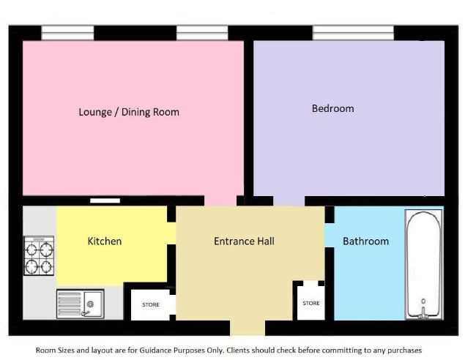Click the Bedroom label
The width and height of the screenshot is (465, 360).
point(332,108)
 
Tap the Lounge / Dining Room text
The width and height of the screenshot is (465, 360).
point(129,112)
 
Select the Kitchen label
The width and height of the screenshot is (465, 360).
point(105,241)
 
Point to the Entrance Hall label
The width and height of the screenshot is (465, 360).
point(244,241)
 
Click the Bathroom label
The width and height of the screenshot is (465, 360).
point(365,241)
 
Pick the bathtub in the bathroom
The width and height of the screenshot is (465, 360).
point(424,264)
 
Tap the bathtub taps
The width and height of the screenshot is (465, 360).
point(423,310)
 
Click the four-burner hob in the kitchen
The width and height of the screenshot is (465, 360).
point(39,255)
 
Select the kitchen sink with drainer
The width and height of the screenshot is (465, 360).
point(81,304)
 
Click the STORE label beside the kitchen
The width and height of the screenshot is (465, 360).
point(151,304)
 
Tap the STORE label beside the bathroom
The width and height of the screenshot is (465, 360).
point(311,303)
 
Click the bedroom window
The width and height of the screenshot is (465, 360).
point(353,33)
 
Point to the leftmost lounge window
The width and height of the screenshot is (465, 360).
point(67,33)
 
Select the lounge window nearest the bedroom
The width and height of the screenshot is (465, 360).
point(202,33)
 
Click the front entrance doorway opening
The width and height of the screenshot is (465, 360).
point(248,328)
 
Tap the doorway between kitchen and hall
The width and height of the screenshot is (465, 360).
point(171,233)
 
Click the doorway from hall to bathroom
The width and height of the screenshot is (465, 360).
point(330,236)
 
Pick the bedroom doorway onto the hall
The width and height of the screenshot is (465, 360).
point(289,201)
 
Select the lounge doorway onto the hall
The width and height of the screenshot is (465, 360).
point(220,201)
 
